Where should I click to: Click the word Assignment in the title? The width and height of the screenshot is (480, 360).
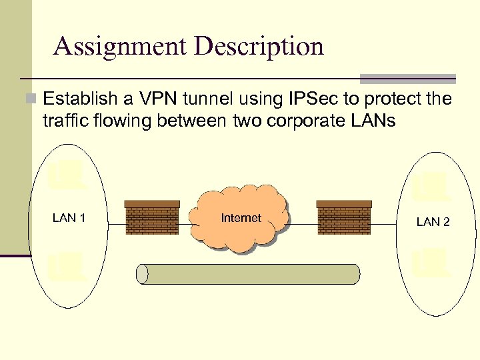pyautogui.click(x=120, y=47)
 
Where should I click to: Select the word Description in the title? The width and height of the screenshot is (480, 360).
pyautogui.click(x=259, y=47)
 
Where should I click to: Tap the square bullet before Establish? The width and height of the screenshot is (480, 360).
pyautogui.click(x=29, y=100)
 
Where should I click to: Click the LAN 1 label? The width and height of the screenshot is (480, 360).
pyautogui.click(x=69, y=218)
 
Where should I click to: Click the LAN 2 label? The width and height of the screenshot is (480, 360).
pyautogui.click(x=433, y=222)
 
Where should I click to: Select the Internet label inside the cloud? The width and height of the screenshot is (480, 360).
pyautogui.click(x=241, y=218)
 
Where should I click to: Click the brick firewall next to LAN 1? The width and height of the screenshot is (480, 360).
pyautogui.click(x=152, y=217)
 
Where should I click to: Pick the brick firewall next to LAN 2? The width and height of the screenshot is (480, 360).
pyautogui.click(x=344, y=217)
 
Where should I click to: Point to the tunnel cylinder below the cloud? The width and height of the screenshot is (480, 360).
pyautogui.click(x=248, y=274)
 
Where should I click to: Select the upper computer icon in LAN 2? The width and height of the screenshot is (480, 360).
pyautogui.click(x=428, y=187)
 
